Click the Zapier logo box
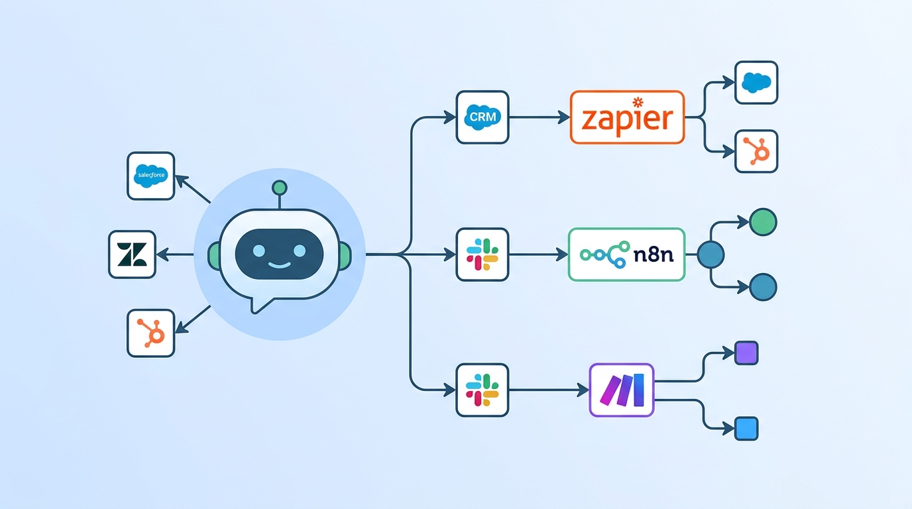(626, 117)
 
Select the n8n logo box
(626, 254)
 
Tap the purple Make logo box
(621, 390)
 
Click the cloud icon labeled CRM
(482, 117)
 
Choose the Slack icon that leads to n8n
(482, 254)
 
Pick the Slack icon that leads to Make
(482, 390)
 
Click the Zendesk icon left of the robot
(132, 254)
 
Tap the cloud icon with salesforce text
(150, 176)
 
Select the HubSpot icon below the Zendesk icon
(150, 333)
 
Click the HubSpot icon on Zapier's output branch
(756, 152)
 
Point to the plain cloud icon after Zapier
(756, 83)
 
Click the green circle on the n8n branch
(762, 222)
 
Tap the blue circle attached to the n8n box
(711, 254)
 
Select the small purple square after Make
(746, 353)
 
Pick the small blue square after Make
(746, 429)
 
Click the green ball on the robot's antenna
(280, 188)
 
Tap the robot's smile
(280, 266)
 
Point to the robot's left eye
(259, 251)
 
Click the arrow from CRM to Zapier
(538, 117)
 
